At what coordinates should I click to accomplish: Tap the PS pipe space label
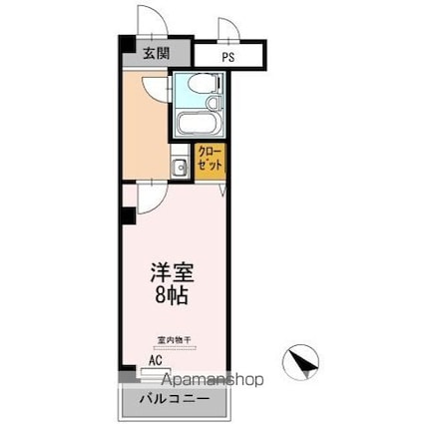tap(228, 57)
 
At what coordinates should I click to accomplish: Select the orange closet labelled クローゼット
tap(209, 161)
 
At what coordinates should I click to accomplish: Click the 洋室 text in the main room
tap(172, 270)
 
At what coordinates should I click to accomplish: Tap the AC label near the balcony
tap(156, 360)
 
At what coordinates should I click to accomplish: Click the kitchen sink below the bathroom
tap(180, 167)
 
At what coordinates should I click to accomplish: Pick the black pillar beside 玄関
tap(125, 46)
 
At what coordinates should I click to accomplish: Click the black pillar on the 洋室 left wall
tap(127, 214)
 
